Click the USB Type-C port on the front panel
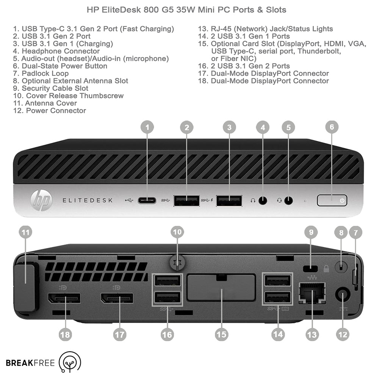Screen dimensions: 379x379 [x=147, y=200]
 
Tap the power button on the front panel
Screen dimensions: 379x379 [x=332, y=200]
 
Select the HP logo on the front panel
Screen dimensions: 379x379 [x=41, y=200]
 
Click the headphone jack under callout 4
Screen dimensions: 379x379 [x=263, y=200]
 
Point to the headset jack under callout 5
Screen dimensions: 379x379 [x=288, y=200]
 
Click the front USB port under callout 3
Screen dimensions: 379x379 [x=229, y=201]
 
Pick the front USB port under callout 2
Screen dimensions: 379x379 [x=186, y=201]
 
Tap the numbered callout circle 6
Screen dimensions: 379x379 [x=332, y=127]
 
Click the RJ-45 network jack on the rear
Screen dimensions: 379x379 [x=312, y=293]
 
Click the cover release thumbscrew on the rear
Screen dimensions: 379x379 [x=178, y=263]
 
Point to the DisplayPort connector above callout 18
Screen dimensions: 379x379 [x=64, y=298]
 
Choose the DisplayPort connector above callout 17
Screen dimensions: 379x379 [x=117, y=298]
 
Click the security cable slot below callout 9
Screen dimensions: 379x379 [x=311, y=269]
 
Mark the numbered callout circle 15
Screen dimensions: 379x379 [x=221, y=335]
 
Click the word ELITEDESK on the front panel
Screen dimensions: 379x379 [x=88, y=200]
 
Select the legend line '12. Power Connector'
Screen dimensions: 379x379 [x=50, y=111]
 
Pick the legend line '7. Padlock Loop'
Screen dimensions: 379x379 [x=41, y=74]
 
